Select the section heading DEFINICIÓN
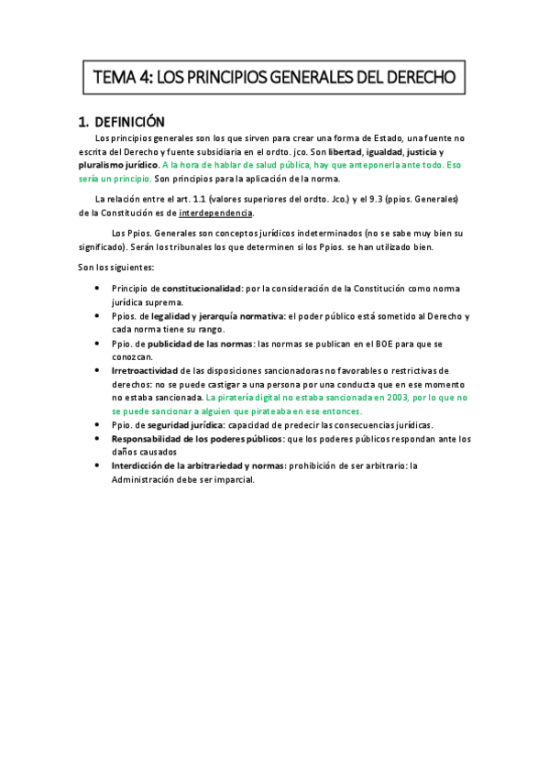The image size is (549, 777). click(128, 121)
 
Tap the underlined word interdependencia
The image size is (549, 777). click(215, 213)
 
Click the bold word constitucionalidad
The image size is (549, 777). click(200, 289)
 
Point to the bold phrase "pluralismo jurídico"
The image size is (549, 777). click(119, 165)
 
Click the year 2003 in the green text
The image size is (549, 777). click(390, 399)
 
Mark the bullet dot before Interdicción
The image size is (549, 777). click(98, 465)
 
